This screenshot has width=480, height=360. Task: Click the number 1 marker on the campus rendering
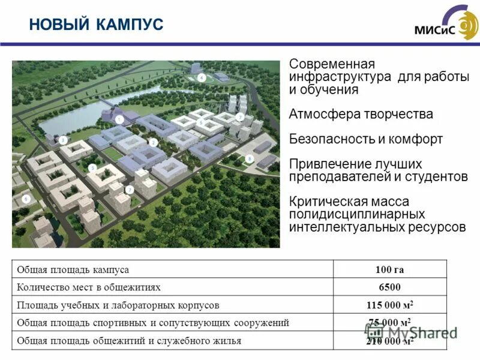(119, 120)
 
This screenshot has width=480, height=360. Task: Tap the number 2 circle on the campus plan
(154, 142)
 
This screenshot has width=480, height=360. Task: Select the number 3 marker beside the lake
(64, 140)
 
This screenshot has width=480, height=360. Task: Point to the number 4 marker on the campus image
(202, 77)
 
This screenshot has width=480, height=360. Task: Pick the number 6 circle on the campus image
(26, 198)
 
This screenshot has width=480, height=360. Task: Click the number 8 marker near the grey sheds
(250, 158)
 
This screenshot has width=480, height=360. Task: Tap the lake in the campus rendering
(72, 117)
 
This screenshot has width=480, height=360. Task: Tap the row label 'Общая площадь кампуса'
(73, 270)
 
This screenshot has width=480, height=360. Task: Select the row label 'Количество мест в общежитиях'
(89, 287)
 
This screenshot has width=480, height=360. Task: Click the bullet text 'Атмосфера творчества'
(361, 114)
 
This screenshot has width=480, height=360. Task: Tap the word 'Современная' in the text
(332, 64)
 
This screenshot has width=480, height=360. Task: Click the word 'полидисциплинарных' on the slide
(357, 214)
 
